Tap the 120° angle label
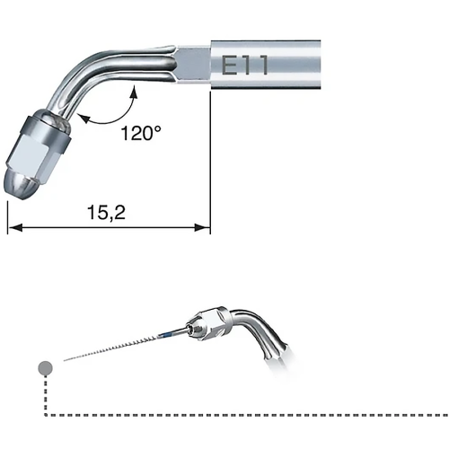pos(141,133)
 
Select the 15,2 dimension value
pos(106,212)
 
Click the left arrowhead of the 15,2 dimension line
pos(15,228)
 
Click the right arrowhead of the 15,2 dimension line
pos(203,228)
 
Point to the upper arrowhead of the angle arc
pos(135,92)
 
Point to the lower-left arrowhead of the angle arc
pos(84,118)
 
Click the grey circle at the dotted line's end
pos(46,367)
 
